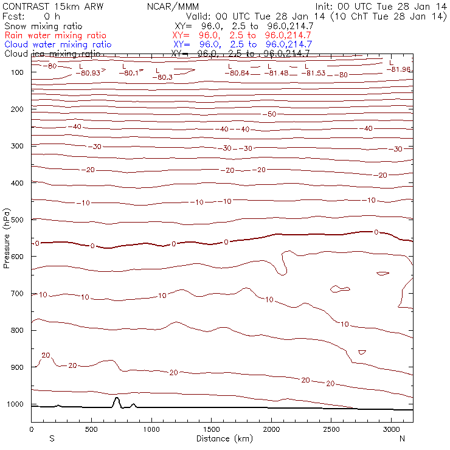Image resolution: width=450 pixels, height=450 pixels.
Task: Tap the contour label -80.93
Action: click(90, 73)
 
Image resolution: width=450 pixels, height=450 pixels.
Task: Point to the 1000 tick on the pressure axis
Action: click(31, 404)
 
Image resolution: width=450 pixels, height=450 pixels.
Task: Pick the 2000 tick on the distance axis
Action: click(271, 422)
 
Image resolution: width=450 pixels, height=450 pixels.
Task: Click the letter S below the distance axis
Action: click(52, 438)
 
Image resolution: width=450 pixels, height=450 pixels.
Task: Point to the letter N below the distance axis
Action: click(402, 438)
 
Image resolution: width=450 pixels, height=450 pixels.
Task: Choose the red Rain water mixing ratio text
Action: click(55, 35)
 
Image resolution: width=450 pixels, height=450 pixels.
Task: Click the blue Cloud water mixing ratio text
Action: click(58, 44)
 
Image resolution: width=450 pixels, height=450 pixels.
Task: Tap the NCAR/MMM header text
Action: click(173, 7)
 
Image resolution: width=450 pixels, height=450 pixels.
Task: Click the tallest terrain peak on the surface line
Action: click(117, 398)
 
